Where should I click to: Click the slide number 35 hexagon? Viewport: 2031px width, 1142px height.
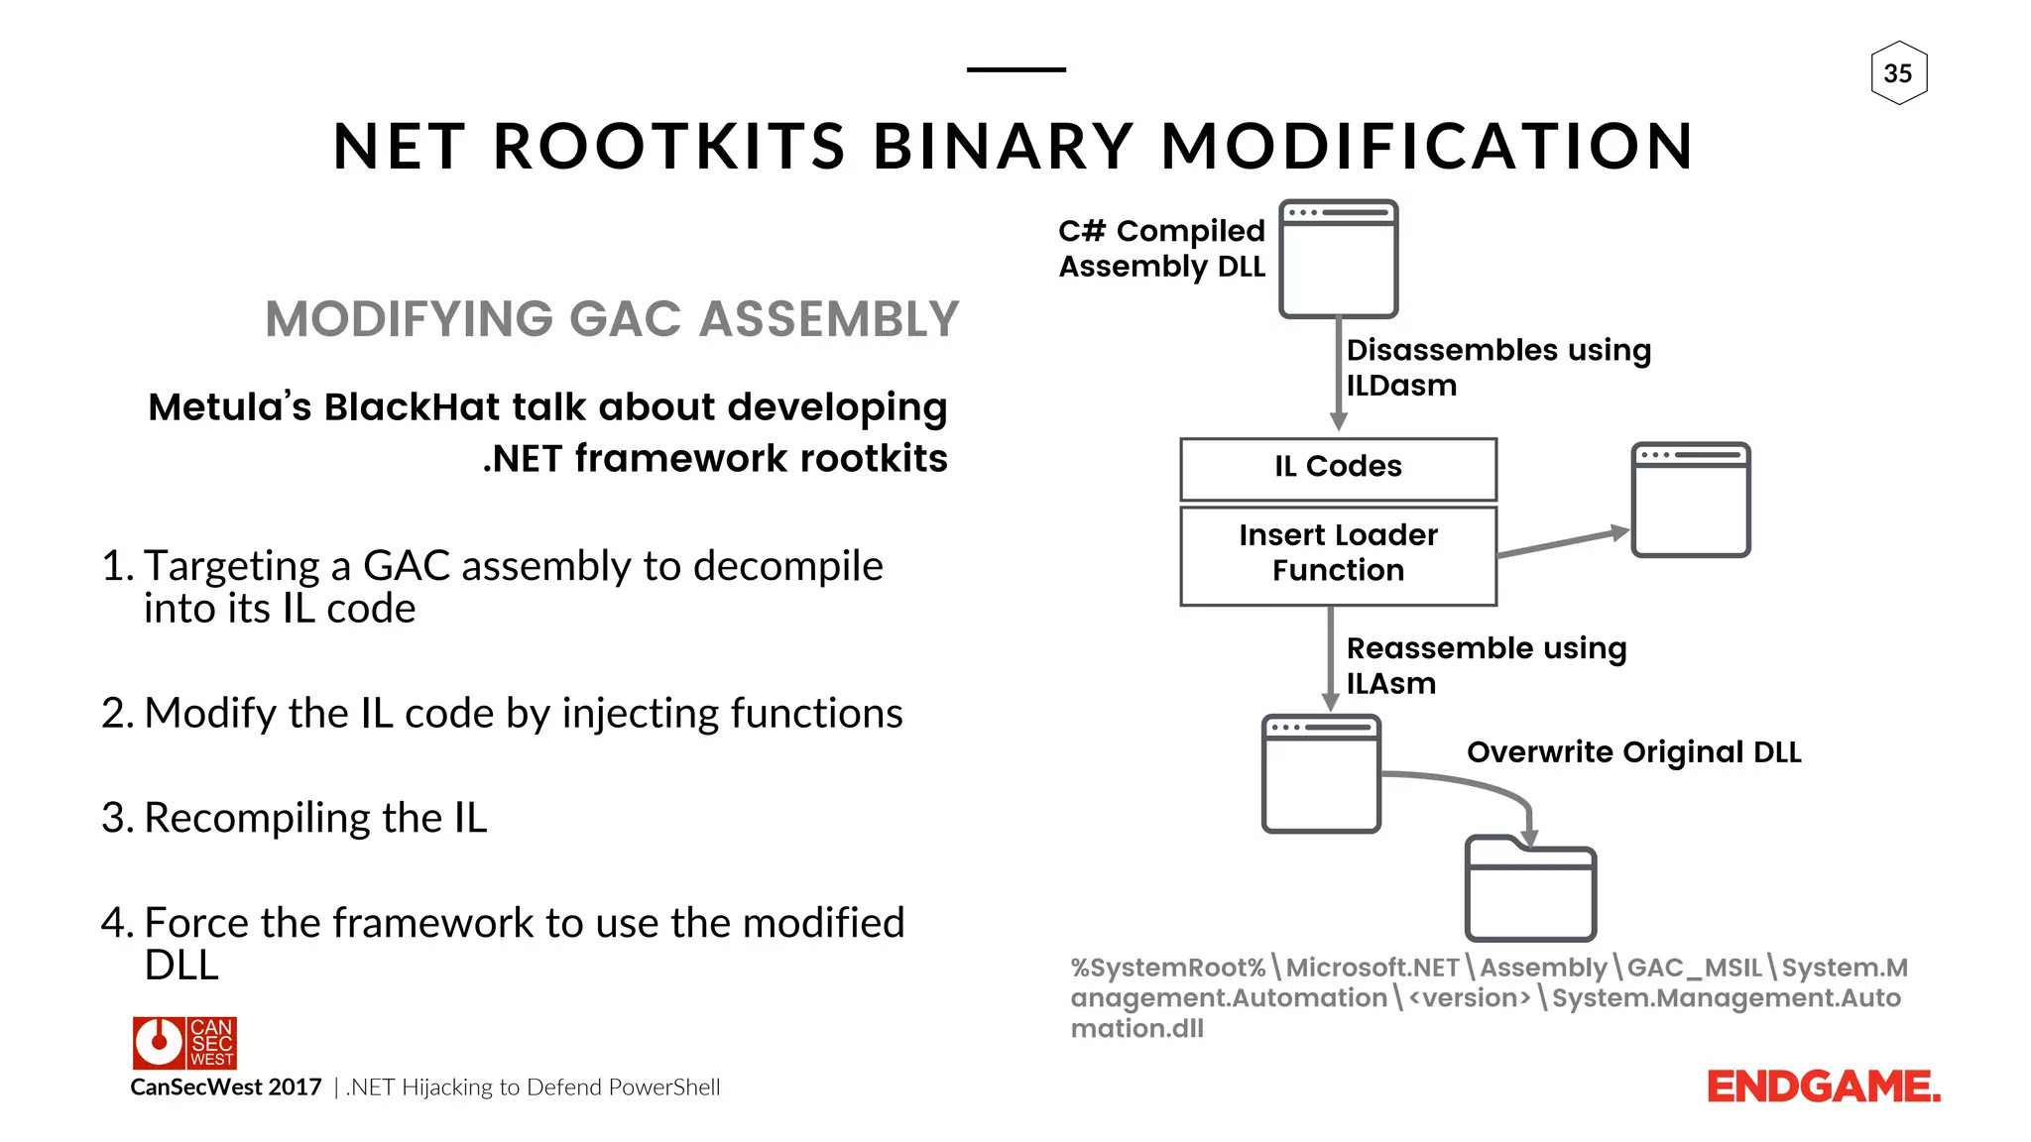click(x=1898, y=73)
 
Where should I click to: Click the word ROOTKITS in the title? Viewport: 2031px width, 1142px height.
click(x=669, y=147)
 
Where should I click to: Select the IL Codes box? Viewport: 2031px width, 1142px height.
click(x=1338, y=468)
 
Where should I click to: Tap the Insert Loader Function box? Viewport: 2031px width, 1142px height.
click(x=1338, y=554)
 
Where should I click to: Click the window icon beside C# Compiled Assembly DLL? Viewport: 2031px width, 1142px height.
click(x=1338, y=259)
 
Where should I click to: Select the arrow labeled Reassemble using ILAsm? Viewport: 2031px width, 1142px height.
click(x=1331, y=659)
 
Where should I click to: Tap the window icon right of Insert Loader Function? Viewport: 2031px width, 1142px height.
click(x=1691, y=501)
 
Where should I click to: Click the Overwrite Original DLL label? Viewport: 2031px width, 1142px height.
click(x=1633, y=752)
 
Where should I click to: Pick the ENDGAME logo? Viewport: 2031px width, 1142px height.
click(x=1823, y=1087)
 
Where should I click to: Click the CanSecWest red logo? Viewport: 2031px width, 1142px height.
click(x=184, y=1042)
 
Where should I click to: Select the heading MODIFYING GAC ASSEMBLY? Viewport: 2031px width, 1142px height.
click(x=612, y=320)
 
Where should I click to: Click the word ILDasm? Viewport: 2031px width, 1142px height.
click(x=1401, y=386)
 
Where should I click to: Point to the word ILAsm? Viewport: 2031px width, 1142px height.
click(x=1390, y=684)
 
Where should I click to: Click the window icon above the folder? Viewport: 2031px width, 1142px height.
click(x=1321, y=774)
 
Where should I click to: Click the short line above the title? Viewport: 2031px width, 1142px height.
click(x=1015, y=69)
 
